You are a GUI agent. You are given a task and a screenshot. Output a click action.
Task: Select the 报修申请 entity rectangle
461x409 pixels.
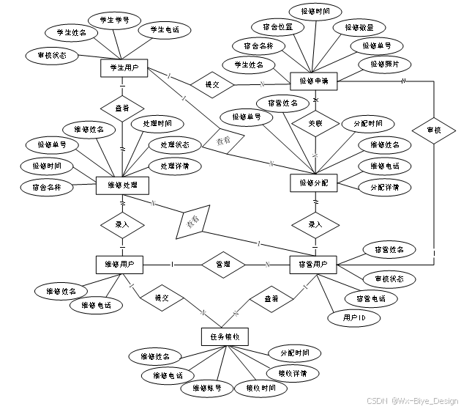(x=314, y=81)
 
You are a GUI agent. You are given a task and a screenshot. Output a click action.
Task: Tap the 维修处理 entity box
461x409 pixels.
(x=122, y=185)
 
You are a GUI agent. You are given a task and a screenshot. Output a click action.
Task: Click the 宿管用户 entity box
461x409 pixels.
(x=313, y=263)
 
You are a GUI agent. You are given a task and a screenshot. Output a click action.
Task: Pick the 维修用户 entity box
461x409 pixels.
(x=119, y=263)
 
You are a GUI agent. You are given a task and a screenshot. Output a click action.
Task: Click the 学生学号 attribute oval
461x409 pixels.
(x=110, y=19)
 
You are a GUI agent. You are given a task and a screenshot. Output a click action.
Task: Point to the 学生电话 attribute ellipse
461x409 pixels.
(x=165, y=30)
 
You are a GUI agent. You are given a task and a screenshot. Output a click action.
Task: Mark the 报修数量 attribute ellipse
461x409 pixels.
(x=356, y=27)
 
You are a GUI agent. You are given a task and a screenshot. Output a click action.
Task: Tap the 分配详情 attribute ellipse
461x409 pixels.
(x=385, y=187)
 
